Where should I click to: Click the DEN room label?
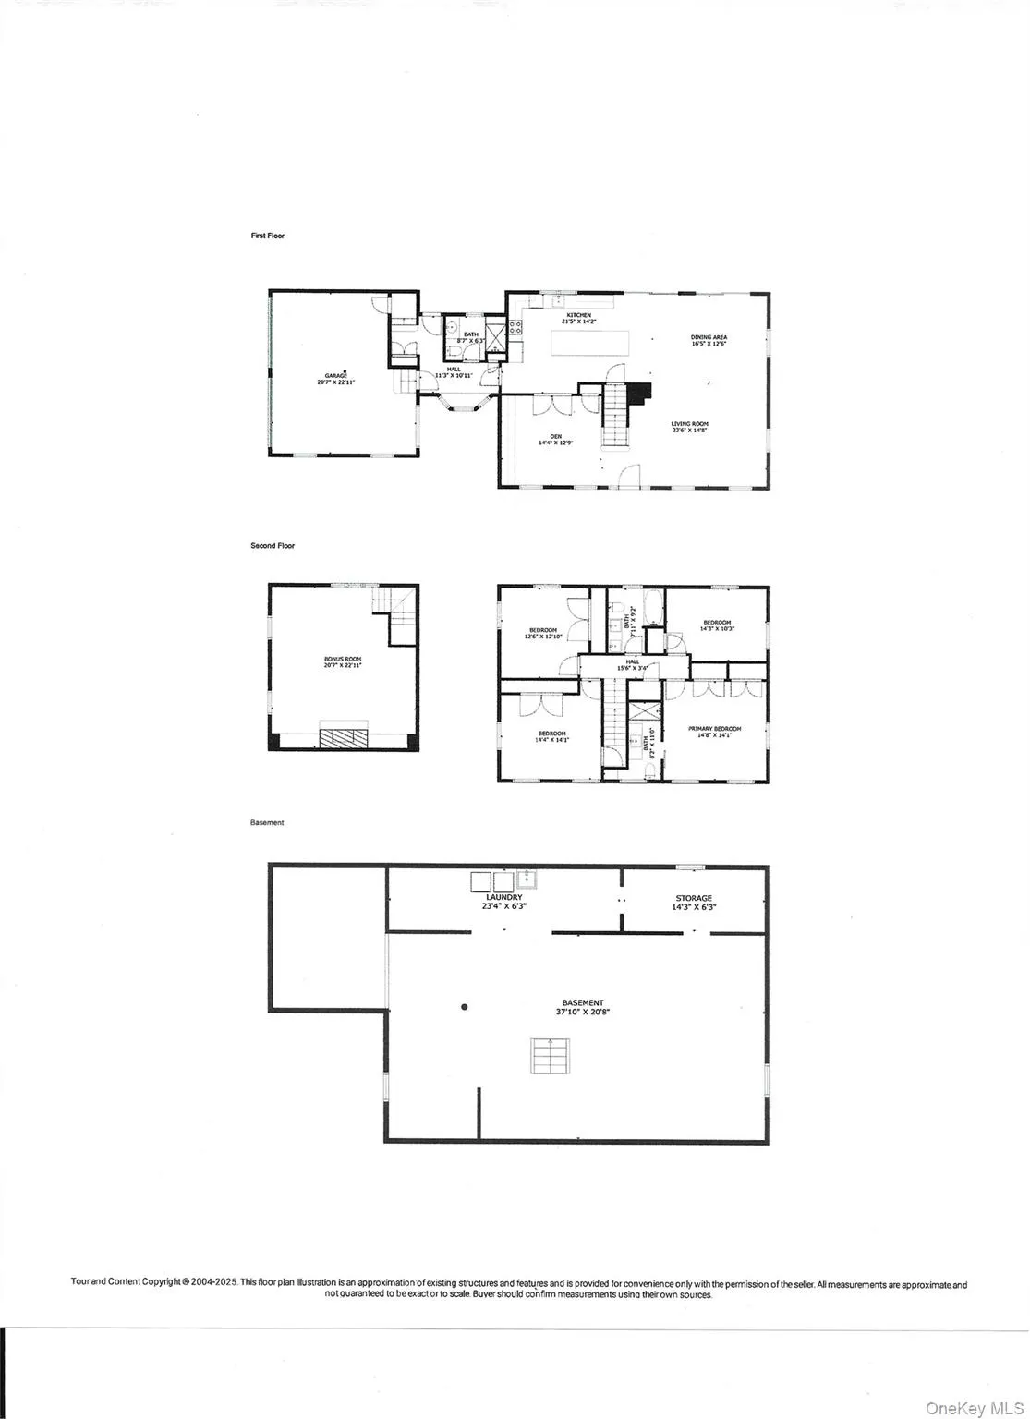[x=555, y=439]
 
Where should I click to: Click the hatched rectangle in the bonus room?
[x=344, y=736]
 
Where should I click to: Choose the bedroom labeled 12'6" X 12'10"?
[x=542, y=633]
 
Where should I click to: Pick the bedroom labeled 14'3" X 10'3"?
[x=717, y=625]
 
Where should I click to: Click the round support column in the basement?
[x=465, y=1007]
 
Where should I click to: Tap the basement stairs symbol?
[x=551, y=1055]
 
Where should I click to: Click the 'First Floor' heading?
[x=268, y=236]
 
